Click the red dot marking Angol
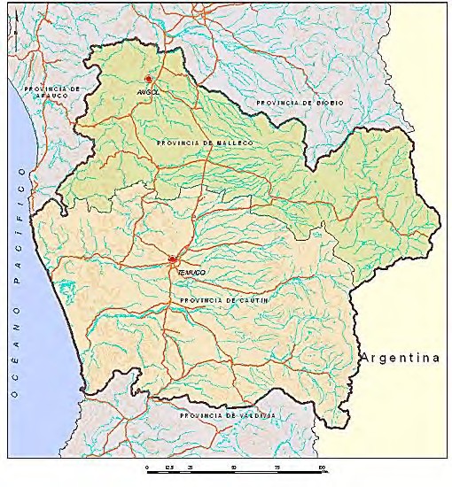148,80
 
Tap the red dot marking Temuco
172,260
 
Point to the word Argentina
400,359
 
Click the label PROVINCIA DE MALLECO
204,143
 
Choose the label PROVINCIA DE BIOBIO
300,104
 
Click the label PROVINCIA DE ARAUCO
53,93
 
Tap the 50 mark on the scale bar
233,466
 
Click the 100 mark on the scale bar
322,466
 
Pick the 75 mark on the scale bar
277,466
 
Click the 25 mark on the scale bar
190,466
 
